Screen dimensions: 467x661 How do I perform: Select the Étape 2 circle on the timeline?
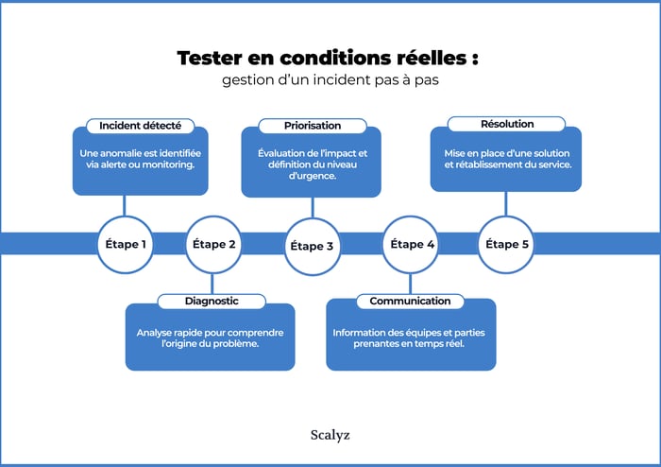tap(214, 244)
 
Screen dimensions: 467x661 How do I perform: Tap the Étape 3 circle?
tap(312, 246)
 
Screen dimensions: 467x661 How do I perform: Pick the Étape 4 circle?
tap(411, 244)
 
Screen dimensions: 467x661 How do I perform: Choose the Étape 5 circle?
tap(507, 244)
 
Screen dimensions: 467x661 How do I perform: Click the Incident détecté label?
tap(141, 126)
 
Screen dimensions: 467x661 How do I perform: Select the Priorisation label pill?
tap(313, 126)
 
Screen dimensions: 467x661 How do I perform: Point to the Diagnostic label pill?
tap(212, 302)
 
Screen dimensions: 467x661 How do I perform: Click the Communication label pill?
tap(410, 302)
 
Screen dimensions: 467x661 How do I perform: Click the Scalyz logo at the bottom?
tap(330, 436)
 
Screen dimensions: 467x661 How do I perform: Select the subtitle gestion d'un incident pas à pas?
tap(330, 80)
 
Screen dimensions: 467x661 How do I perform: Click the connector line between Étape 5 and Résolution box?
tap(506, 202)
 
